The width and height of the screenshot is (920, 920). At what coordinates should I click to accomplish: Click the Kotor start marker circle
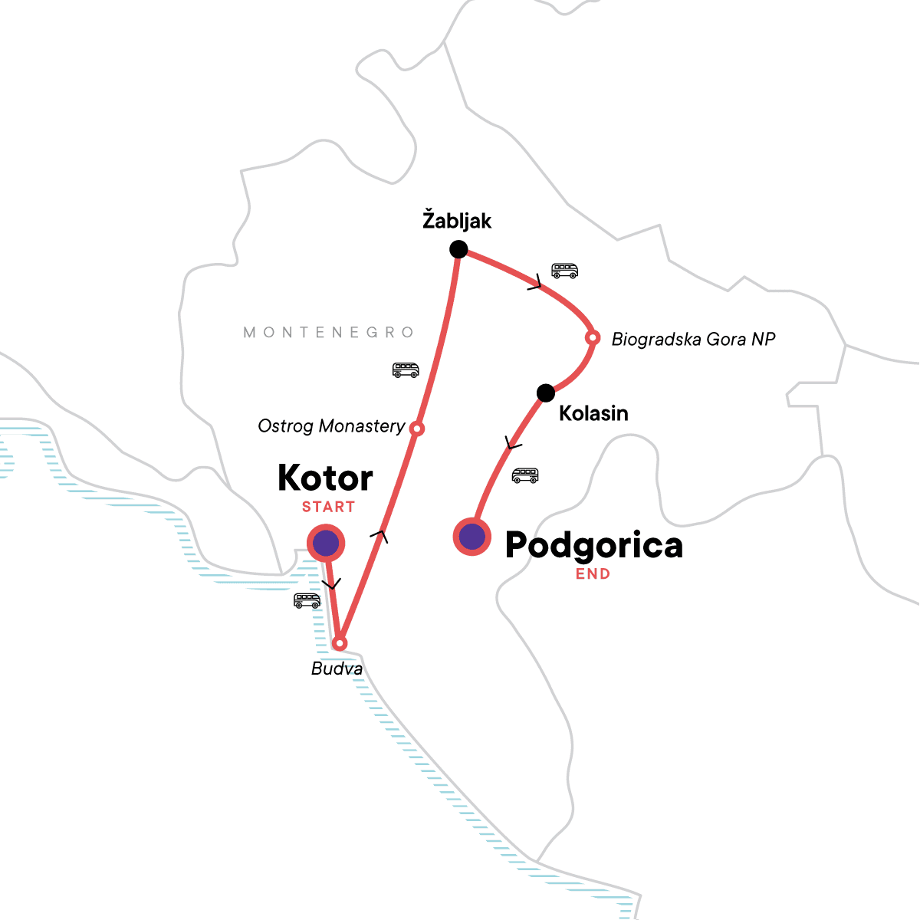click(326, 543)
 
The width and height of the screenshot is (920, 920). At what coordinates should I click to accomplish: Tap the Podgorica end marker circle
click(472, 537)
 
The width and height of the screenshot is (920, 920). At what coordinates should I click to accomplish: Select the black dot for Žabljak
click(458, 248)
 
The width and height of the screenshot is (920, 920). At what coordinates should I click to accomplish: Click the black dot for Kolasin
click(545, 393)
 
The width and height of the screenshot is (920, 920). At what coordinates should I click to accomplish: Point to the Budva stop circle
click(340, 642)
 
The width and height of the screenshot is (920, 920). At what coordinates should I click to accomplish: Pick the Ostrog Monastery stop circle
click(416, 429)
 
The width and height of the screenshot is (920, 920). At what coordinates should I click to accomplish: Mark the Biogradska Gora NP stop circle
click(592, 337)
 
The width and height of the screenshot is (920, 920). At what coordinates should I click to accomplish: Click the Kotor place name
click(325, 478)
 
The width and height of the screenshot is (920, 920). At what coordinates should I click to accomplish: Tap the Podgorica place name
click(593, 546)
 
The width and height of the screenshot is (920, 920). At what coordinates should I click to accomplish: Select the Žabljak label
click(457, 221)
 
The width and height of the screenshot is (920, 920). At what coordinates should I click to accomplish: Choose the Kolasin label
click(593, 413)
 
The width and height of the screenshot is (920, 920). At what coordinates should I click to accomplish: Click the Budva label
click(337, 669)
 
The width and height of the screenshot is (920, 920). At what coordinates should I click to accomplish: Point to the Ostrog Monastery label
click(331, 426)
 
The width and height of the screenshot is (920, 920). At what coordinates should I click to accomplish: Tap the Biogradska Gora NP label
click(693, 339)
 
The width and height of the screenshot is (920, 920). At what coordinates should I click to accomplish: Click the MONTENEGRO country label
click(329, 332)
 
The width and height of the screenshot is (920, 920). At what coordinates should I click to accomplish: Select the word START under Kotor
click(328, 507)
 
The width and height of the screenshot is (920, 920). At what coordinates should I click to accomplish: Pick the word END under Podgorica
click(593, 573)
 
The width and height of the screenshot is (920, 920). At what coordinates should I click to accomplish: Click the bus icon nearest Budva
click(307, 600)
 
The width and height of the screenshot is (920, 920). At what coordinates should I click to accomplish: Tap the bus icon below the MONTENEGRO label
click(406, 370)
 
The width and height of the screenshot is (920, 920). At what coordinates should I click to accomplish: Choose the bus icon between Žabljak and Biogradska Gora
click(565, 270)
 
